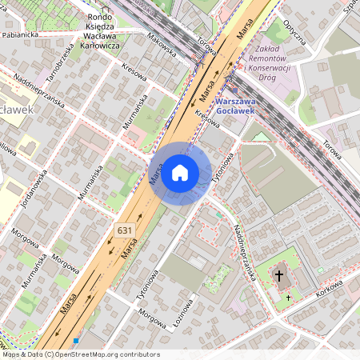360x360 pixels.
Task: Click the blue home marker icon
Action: tap(180, 173)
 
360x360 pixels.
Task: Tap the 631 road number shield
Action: tap(124, 230)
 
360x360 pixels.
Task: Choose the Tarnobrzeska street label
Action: tap(61, 60)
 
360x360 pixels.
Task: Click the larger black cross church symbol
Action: tap(279, 276)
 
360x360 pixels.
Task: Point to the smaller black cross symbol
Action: tap(288, 298)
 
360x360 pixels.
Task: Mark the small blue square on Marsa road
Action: tap(76, 341)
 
